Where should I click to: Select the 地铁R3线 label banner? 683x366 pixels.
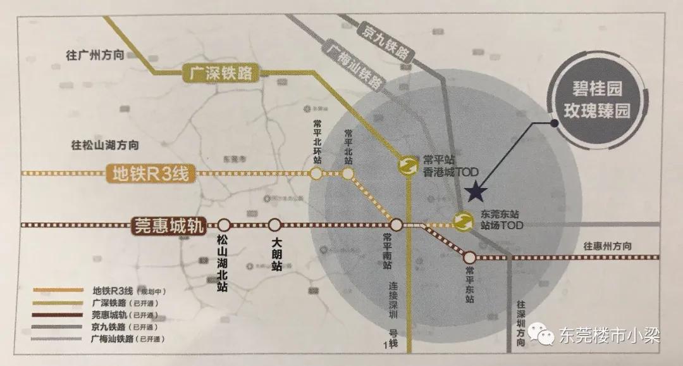point(149,173)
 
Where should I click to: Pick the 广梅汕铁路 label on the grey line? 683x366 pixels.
point(356,65)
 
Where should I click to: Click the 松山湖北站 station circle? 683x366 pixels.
point(225,225)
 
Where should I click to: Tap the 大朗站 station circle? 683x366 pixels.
point(274,225)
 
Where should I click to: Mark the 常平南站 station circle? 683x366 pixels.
point(396,225)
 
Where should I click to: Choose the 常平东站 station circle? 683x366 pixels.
point(469,258)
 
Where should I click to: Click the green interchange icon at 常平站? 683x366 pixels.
point(406,165)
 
